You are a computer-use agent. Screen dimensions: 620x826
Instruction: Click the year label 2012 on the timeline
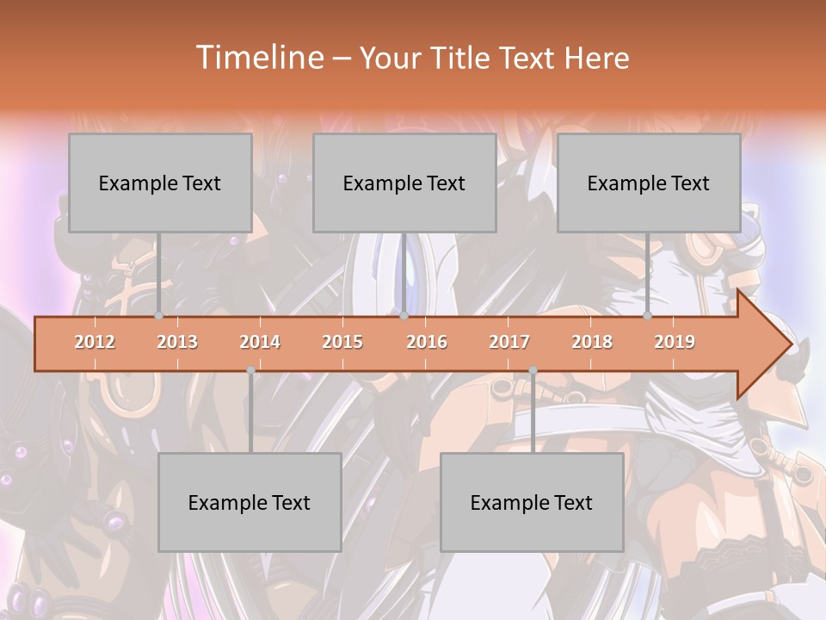pyautogui.click(x=95, y=342)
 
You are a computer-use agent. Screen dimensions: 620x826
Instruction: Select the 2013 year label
pyautogui.click(x=177, y=342)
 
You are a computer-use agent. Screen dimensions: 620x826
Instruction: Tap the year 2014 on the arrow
pyautogui.click(x=260, y=342)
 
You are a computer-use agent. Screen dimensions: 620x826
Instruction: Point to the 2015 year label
pyautogui.click(x=342, y=342)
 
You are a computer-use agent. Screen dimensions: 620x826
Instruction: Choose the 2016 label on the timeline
pyautogui.click(x=427, y=342)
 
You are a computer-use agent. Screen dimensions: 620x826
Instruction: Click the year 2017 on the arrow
pyautogui.click(x=509, y=342)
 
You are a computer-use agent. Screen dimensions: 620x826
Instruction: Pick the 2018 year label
pyautogui.click(x=592, y=342)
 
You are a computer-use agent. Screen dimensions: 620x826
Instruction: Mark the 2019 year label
pyautogui.click(x=675, y=342)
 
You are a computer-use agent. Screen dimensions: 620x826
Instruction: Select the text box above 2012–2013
pyautogui.click(x=160, y=183)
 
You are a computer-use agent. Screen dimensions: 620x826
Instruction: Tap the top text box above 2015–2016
pyautogui.click(x=404, y=183)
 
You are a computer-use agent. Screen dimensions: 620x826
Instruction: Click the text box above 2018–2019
pyautogui.click(x=649, y=183)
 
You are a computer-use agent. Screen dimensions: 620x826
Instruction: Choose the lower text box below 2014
pyautogui.click(x=250, y=502)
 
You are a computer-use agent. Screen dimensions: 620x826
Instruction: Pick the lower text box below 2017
pyautogui.click(x=532, y=502)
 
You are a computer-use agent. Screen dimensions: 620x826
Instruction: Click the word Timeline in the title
pyautogui.click(x=258, y=58)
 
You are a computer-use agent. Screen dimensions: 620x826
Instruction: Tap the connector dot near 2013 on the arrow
pyautogui.click(x=158, y=316)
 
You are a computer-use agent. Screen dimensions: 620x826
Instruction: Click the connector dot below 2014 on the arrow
pyautogui.click(x=250, y=370)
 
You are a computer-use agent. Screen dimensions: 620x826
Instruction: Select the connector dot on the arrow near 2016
pyautogui.click(x=404, y=316)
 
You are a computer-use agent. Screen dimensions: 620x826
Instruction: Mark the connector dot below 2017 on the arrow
pyautogui.click(x=533, y=370)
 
